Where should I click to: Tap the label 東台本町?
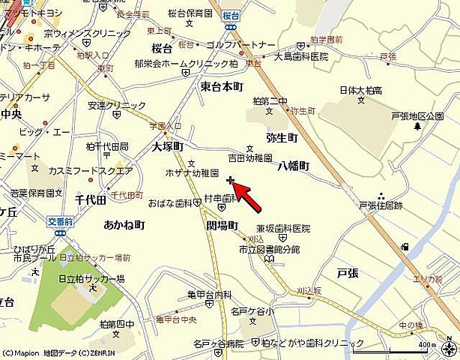click(222, 87)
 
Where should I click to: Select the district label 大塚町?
click(168, 147)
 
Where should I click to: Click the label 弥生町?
click(282, 138)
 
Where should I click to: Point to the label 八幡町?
click(294, 166)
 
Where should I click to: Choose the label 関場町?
click(222, 225)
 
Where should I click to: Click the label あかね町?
click(124, 225)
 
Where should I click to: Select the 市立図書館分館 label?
click(270, 249)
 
